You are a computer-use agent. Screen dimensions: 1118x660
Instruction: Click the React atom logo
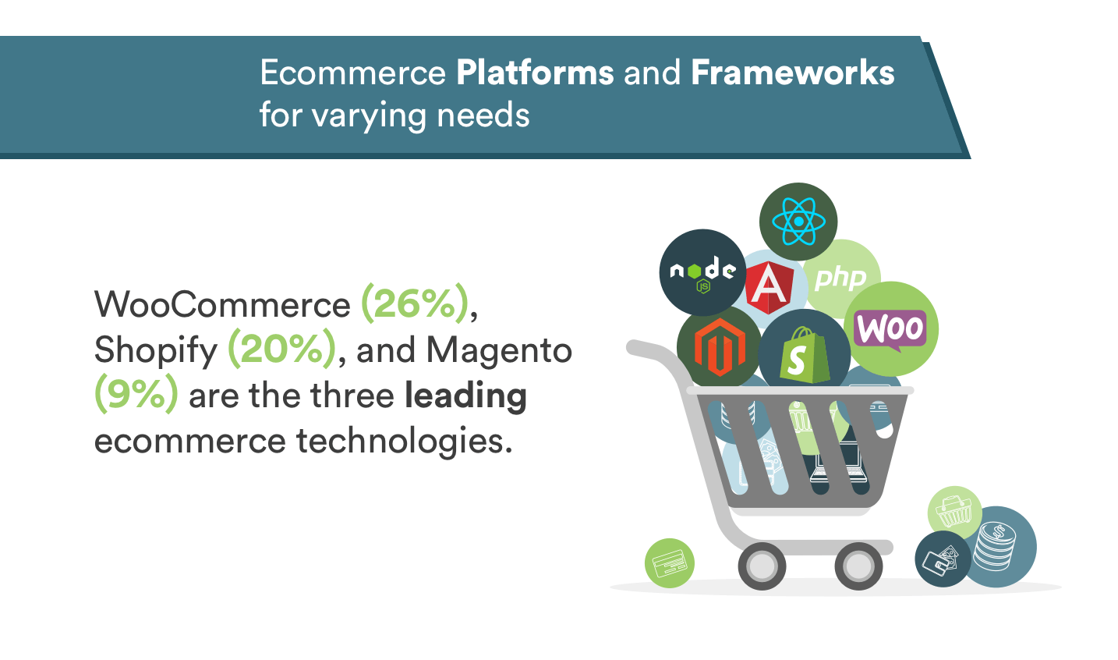(x=798, y=221)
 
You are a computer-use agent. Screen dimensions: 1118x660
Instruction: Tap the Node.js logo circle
(x=702, y=272)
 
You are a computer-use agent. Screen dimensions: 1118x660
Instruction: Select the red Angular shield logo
(x=770, y=287)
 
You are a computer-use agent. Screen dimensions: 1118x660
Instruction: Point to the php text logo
(x=840, y=279)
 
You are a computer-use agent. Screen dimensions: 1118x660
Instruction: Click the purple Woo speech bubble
(x=890, y=329)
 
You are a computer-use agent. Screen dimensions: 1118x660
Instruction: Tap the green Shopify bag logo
(x=803, y=356)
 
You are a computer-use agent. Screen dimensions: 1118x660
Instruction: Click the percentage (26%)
(x=415, y=303)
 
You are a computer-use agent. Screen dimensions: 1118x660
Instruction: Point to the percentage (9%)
(x=136, y=395)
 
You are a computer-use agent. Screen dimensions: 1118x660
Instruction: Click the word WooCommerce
(x=223, y=304)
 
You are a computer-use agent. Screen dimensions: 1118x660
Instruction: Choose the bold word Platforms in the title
(x=535, y=73)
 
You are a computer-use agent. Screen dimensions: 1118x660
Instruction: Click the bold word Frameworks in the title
(x=793, y=73)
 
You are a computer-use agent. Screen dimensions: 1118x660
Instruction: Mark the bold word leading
(x=465, y=396)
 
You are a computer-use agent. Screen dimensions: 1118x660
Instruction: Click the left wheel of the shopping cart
(x=762, y=566)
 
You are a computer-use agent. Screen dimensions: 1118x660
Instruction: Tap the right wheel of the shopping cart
(x=858, y=566)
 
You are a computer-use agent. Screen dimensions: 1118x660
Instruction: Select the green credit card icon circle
(x=669, y=562)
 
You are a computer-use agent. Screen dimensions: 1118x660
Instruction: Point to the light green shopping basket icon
(x=954, y=513)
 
